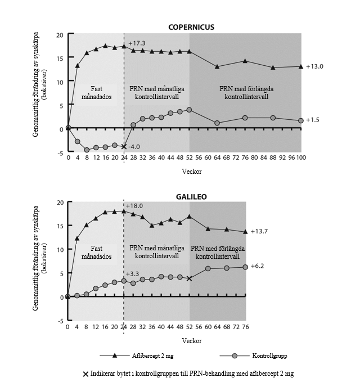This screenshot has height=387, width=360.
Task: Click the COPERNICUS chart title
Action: tap(192, 27)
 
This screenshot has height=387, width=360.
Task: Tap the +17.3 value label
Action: tap(137, 43)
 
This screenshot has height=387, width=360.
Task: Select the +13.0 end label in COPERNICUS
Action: tap(315, 66)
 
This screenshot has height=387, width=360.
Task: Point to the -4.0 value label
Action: tap(134, 147)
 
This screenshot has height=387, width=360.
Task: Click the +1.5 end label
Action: tap(313, 120)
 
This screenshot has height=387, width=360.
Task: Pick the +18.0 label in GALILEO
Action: tap(136, 206)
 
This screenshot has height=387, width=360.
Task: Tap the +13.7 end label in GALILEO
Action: tap(259, 232)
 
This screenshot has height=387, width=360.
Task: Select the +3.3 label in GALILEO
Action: tap(133, 274)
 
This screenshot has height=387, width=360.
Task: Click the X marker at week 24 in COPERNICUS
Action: tap(124, 147)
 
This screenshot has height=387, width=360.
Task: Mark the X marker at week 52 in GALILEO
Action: tap(189, 278)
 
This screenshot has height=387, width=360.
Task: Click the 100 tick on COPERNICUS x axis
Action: tap(301, 159)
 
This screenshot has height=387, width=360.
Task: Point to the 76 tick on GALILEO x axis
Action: tap(245, 326)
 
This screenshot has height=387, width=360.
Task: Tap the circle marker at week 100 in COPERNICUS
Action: tap(301, 121)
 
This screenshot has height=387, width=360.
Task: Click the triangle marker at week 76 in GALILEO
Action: tap(245, 232)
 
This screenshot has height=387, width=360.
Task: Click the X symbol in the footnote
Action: tap(85, 373)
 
